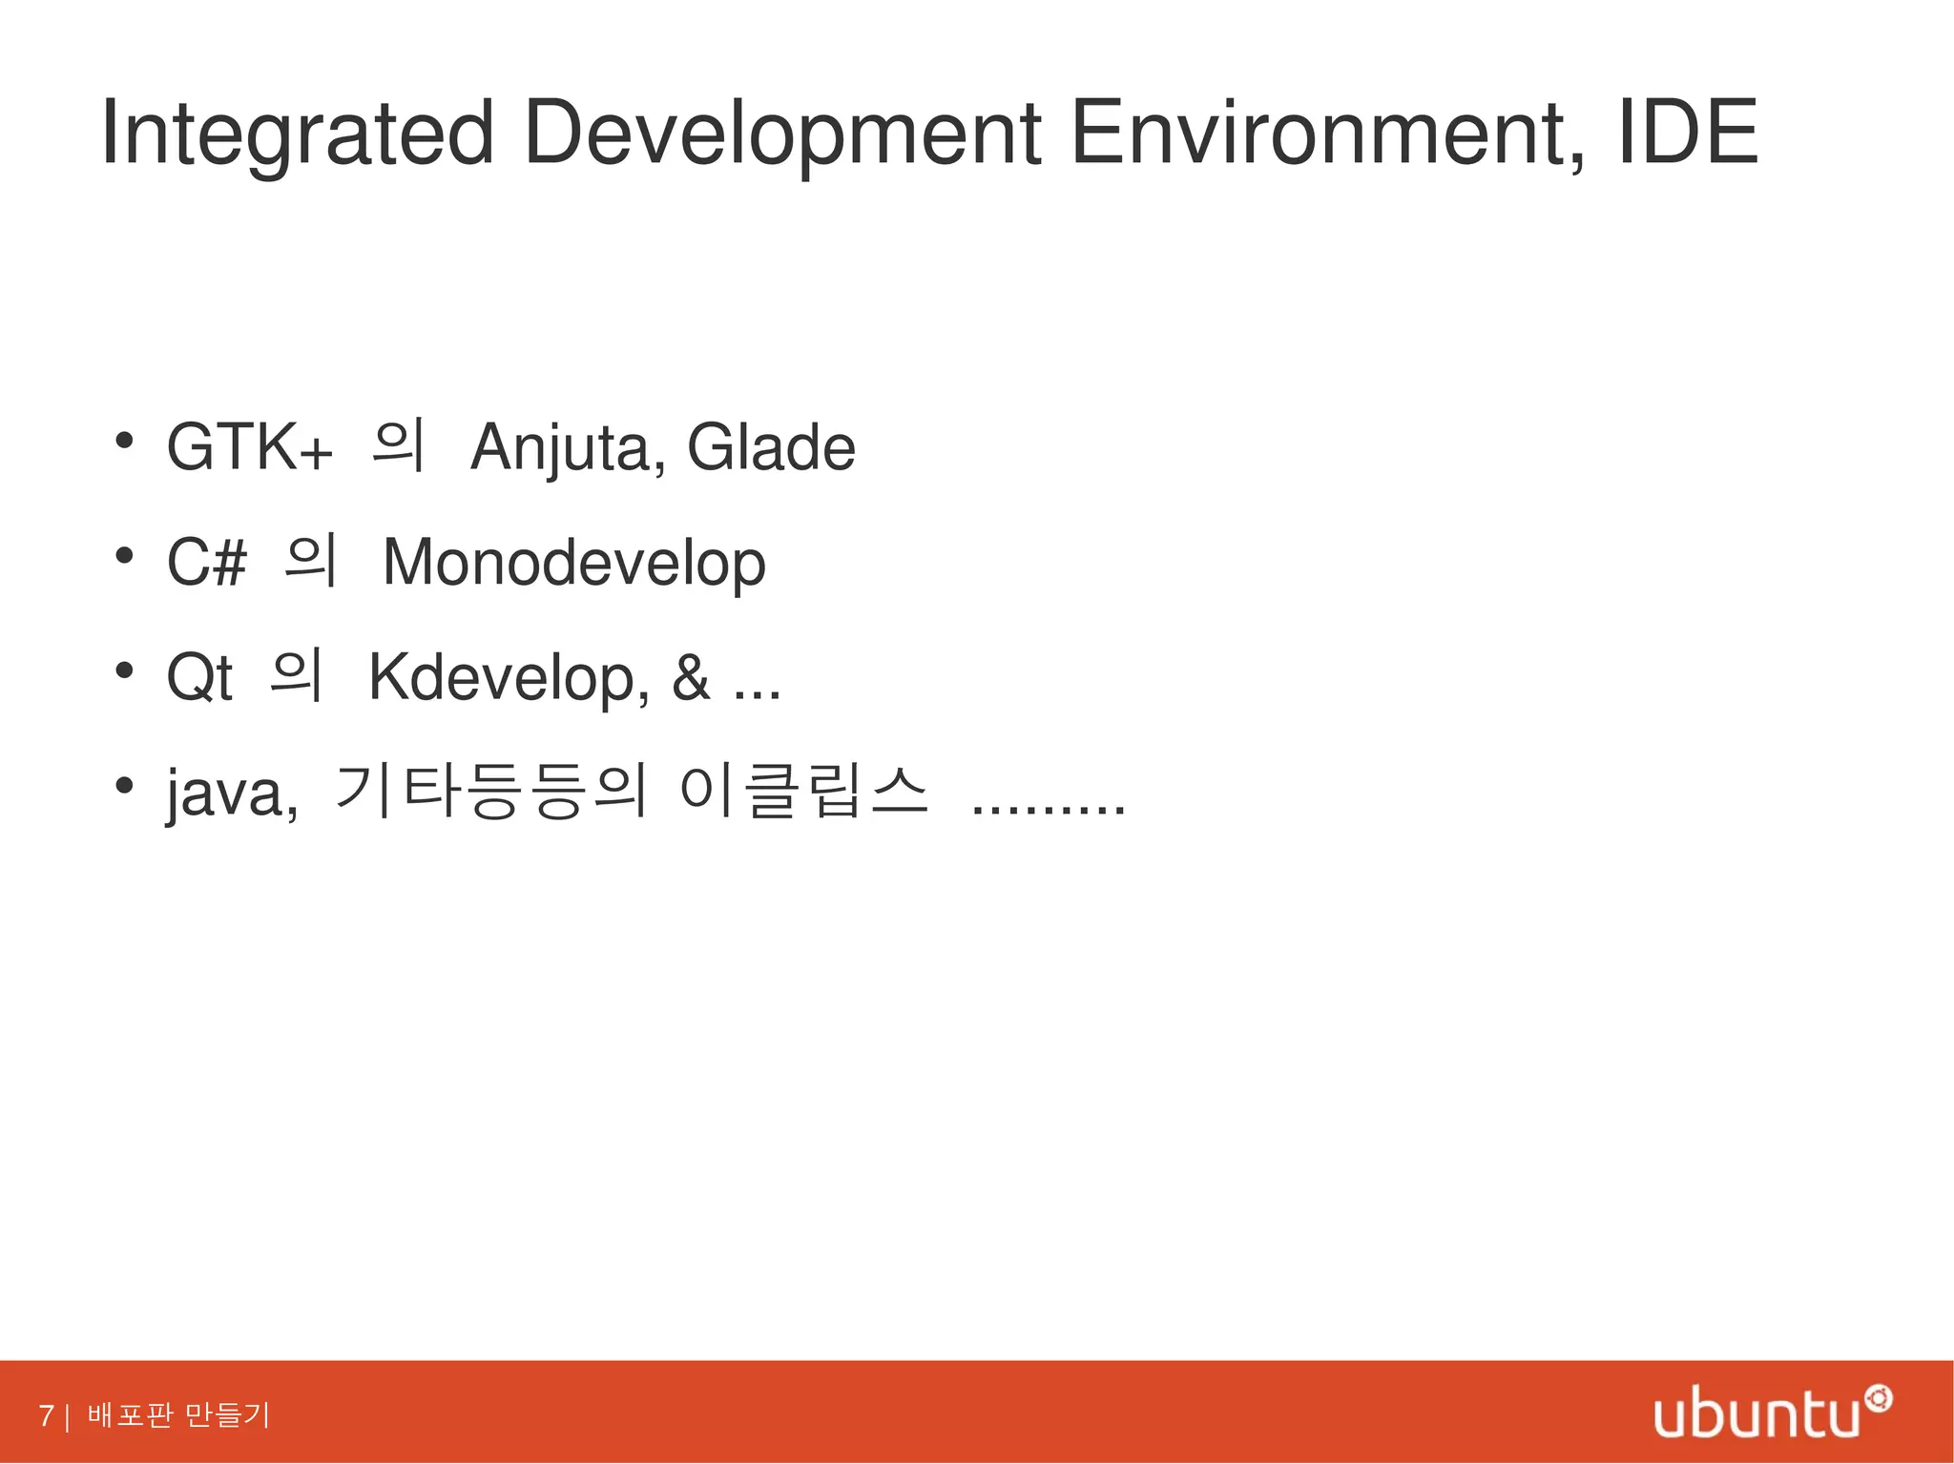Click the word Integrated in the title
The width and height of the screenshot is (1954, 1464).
297,134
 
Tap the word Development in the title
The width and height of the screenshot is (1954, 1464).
781,134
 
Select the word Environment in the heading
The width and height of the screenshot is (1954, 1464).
1326,134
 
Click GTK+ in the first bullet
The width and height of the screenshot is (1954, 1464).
249,447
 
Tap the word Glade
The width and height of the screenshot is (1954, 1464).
771,447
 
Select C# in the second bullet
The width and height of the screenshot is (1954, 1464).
207,562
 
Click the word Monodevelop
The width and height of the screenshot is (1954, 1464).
573,563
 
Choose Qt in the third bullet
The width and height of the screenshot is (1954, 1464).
199,677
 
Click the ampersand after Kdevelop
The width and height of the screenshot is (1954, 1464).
691,677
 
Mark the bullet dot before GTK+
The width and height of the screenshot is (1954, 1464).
123,442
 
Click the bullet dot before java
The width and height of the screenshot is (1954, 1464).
123,786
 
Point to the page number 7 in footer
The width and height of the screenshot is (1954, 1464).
46,1415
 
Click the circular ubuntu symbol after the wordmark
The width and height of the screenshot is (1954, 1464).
1878,1399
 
